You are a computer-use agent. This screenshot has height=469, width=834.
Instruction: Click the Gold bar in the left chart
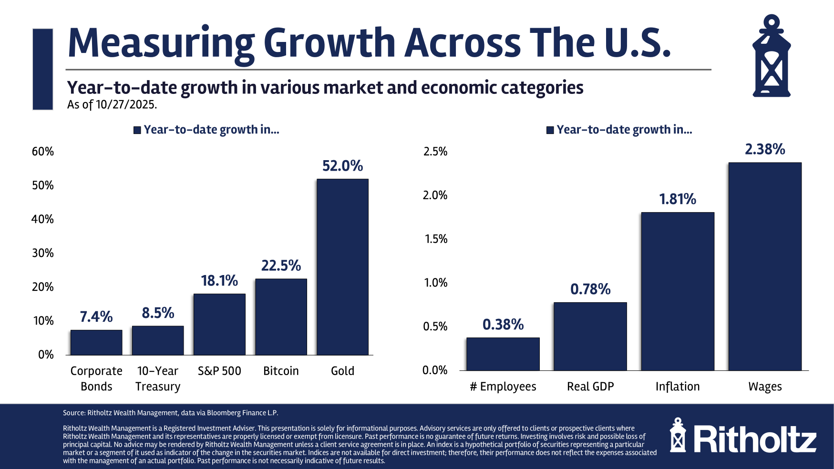coord(342,267)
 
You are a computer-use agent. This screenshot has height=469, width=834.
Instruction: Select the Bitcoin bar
coord(281,317)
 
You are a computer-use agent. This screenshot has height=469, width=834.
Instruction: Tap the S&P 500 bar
coord(219,324)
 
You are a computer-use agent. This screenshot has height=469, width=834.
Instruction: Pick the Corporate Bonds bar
coord(96,342)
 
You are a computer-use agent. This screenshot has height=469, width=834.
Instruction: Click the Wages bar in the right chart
coord(765,266)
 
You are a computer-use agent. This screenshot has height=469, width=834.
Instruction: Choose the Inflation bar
coord(678,291)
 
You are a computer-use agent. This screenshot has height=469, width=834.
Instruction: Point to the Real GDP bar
coord(590,336)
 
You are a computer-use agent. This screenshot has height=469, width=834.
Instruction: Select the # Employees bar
coord(503,354)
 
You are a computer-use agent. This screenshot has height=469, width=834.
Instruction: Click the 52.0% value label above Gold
coord(342,166)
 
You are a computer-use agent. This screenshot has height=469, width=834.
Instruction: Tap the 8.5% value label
coord(158,313)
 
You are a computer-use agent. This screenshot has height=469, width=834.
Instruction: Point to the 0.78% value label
coord(590,289)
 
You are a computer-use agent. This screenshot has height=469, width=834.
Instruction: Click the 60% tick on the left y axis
coord(43,152)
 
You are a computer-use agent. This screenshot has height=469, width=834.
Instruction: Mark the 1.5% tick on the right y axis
coord(436,239)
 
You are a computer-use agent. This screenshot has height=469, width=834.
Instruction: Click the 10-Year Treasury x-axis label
coord(158,378)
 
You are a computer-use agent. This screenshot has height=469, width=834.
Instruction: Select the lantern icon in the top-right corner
coord(772,56)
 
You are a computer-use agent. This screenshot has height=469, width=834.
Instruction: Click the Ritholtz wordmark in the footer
coord(755,439)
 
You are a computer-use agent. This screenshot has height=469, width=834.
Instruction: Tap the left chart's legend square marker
coord(137,130)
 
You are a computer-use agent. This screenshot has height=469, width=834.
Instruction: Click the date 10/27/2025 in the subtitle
coord(126,104)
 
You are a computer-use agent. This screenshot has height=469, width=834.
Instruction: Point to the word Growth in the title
coord(329,43)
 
